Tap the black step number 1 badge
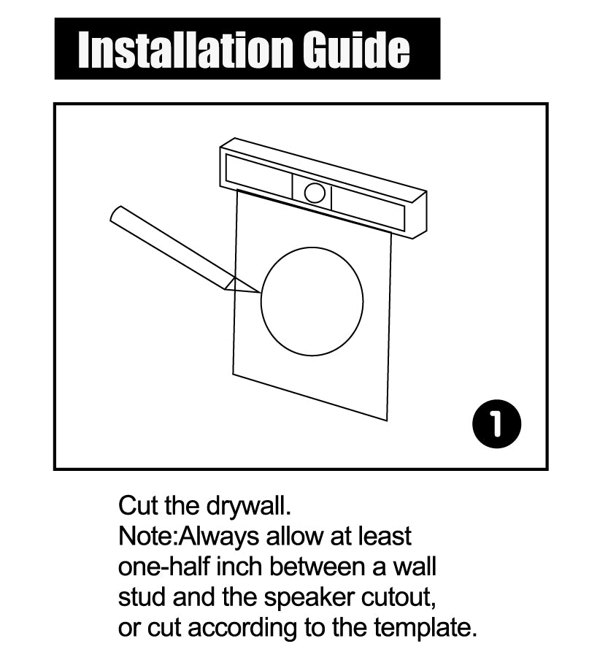click(x=496, y=424)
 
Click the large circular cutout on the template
click(x=262, y=302)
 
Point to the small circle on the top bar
click(x=315, y=193)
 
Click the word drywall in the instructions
click(x=249, y=506)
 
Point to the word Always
click(x=219, y=537)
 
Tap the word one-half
click(x=164, y=567)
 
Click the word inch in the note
click(x=240, y=567)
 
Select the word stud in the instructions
click(x=142, y=597)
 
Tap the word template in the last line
click(x=426, y=629)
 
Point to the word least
click(x=385, y=536)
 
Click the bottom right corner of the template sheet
click(x=387, y=420)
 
